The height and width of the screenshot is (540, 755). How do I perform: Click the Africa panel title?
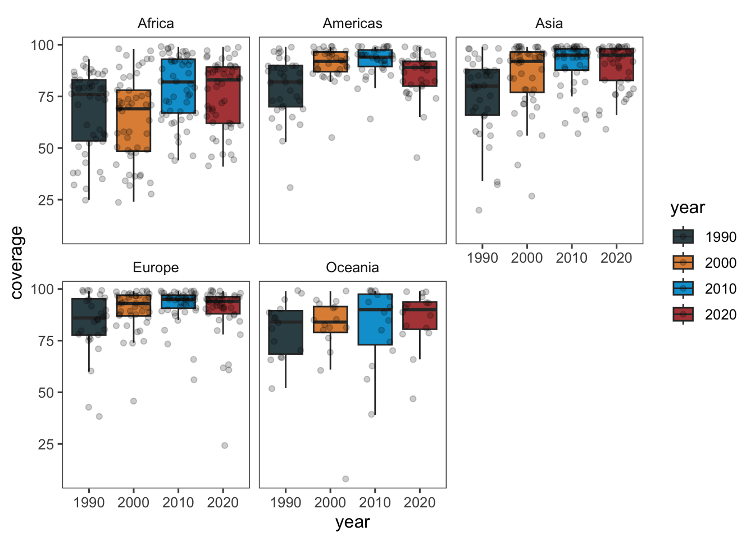156,24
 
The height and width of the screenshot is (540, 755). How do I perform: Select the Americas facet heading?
352,24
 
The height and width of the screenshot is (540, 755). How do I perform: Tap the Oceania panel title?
352,268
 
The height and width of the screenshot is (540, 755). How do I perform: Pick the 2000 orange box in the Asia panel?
527,72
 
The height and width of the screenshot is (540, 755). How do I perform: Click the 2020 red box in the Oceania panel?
420,316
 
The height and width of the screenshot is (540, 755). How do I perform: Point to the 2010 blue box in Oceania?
375,319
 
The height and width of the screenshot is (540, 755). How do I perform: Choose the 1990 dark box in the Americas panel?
285,86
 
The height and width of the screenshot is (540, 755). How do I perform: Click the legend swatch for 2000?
683,263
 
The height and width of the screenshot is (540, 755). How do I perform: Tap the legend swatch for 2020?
683,314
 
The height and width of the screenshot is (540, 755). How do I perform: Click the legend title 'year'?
687,208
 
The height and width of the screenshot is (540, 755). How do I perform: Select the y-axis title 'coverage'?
17,262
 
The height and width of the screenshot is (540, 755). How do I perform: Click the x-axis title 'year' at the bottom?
352,523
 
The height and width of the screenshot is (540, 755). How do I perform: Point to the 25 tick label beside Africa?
46,200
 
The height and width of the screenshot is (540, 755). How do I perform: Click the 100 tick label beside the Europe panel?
42,289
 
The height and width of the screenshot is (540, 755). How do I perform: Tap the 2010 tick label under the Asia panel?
571,258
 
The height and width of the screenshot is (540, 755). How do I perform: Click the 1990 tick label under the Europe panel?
89,502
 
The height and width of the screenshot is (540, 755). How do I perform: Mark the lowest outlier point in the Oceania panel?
345,479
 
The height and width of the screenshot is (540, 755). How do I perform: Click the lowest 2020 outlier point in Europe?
225,445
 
